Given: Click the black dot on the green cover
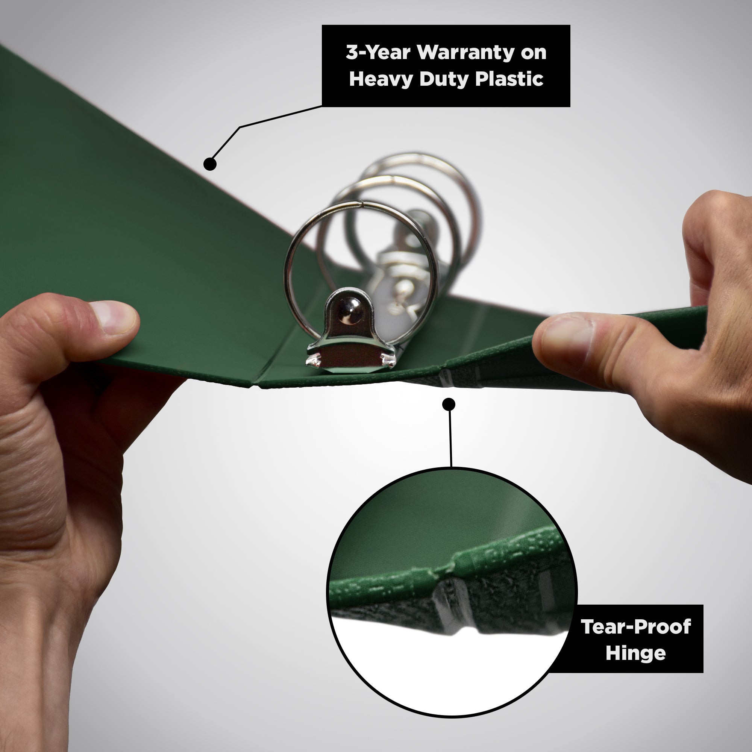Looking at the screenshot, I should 210,164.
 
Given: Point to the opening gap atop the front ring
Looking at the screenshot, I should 362,203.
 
